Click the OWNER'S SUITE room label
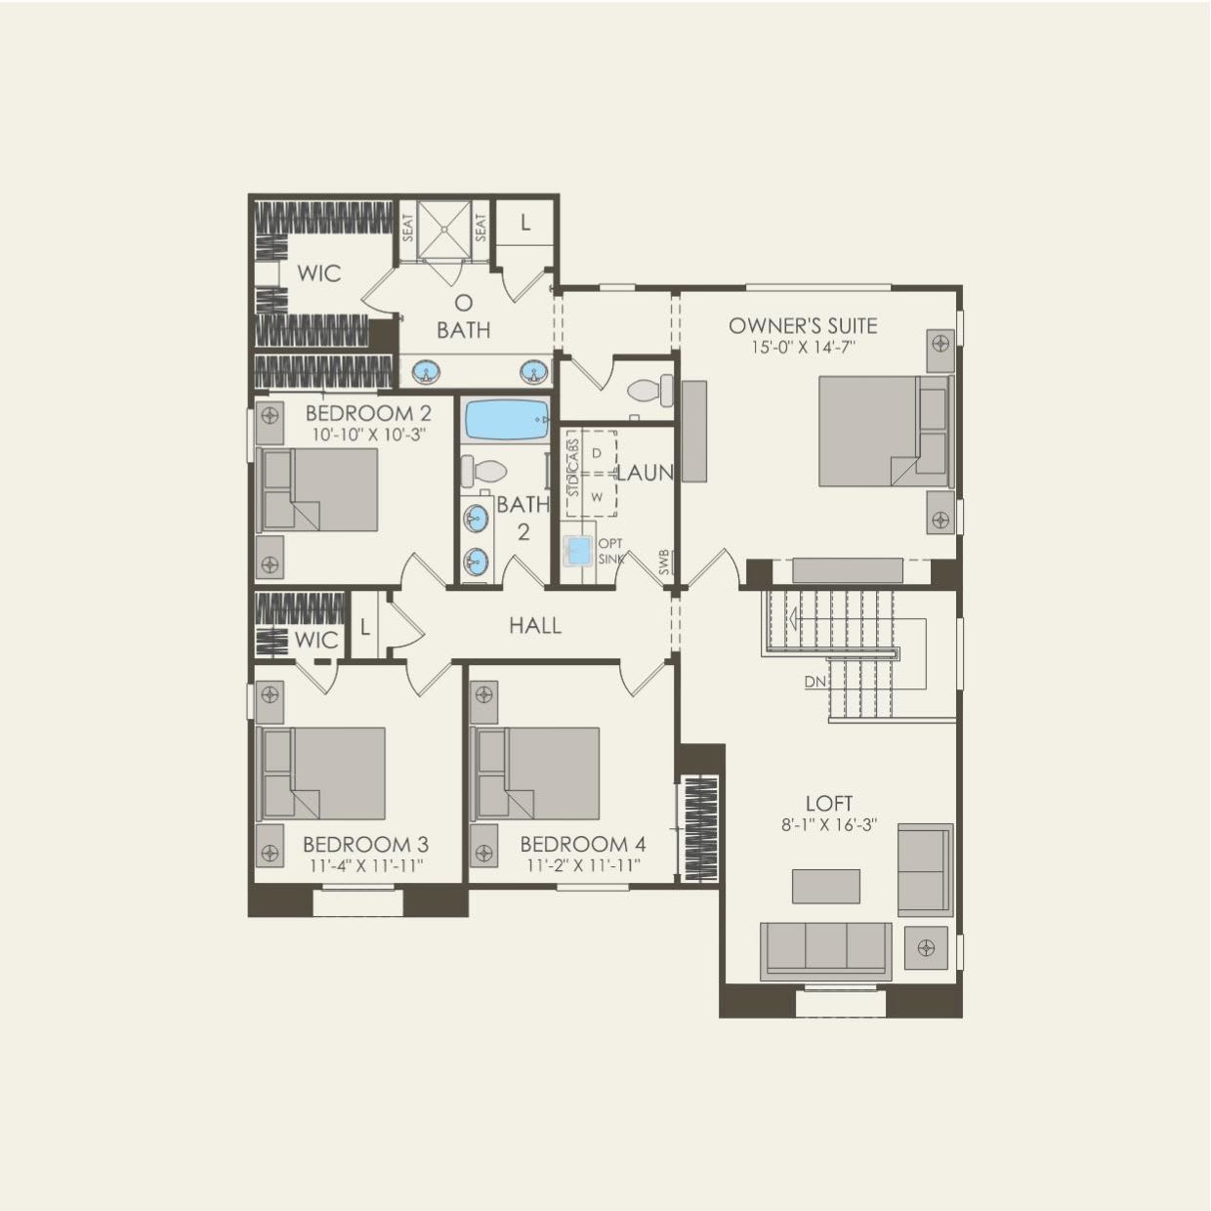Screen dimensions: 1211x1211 (x=803, y=325)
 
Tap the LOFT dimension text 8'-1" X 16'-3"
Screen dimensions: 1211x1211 (x=828, y=824)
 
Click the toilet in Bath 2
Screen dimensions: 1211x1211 (x=482, y=471)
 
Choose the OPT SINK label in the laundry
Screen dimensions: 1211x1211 (x=610, y=551)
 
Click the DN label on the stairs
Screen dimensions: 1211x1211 (x=815, y=682)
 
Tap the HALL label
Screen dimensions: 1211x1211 (x=535, y=625)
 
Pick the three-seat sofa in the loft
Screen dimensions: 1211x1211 (x=825, y=949)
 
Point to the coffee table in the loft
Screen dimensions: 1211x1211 (x=826, y=886)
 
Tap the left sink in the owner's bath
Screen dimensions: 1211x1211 (x=425, y=371)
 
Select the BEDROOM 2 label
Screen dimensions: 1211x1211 (x=368, y=413)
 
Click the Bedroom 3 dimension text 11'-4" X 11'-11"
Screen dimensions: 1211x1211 (x=366, y=864)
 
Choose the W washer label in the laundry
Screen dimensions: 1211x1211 (x=597, y=496)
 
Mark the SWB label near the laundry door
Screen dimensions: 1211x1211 (x=665, y=563)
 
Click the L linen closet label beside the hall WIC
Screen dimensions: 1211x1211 (x=364, y=627)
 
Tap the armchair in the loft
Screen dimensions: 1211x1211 (x=925, y=869)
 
